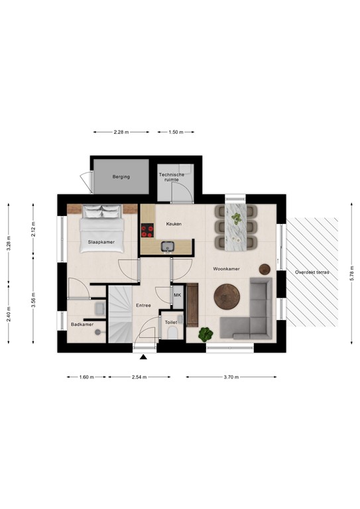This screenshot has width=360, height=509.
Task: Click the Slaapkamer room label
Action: pos(101,243)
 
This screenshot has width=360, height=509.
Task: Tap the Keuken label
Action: pos(174,224)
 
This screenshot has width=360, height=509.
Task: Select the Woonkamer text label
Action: pos(226,269)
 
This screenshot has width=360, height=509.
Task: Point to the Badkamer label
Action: pos(82,324)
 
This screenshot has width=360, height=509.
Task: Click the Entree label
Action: pos(143,306)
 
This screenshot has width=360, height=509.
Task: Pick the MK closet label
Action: pos(177,296)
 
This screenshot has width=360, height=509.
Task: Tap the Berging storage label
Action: pos(121,177)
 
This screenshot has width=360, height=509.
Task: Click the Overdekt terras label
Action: pos(312,272)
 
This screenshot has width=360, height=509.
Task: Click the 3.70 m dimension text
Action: pos(231,377)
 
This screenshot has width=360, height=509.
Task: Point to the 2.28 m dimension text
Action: pos(120,132)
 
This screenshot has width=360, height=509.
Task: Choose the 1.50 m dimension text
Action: pos(176,132)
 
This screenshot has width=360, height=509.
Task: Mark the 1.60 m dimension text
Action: pos(87,377)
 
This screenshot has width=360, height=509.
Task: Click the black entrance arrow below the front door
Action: pos(144,359)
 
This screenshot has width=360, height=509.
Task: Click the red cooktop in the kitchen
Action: pos(147,231)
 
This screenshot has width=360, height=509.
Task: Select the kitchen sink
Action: pos(168,247)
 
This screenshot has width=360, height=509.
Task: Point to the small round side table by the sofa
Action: pos(265,268)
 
